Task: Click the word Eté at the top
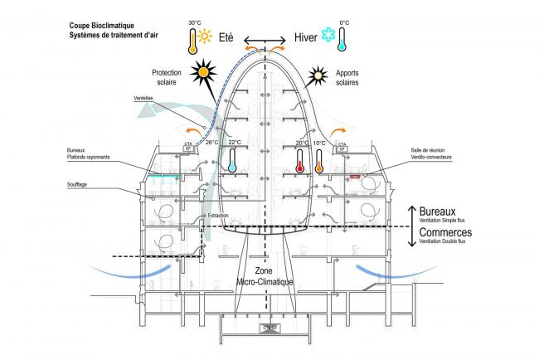[230, 37]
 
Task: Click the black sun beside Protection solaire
[203, 74]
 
